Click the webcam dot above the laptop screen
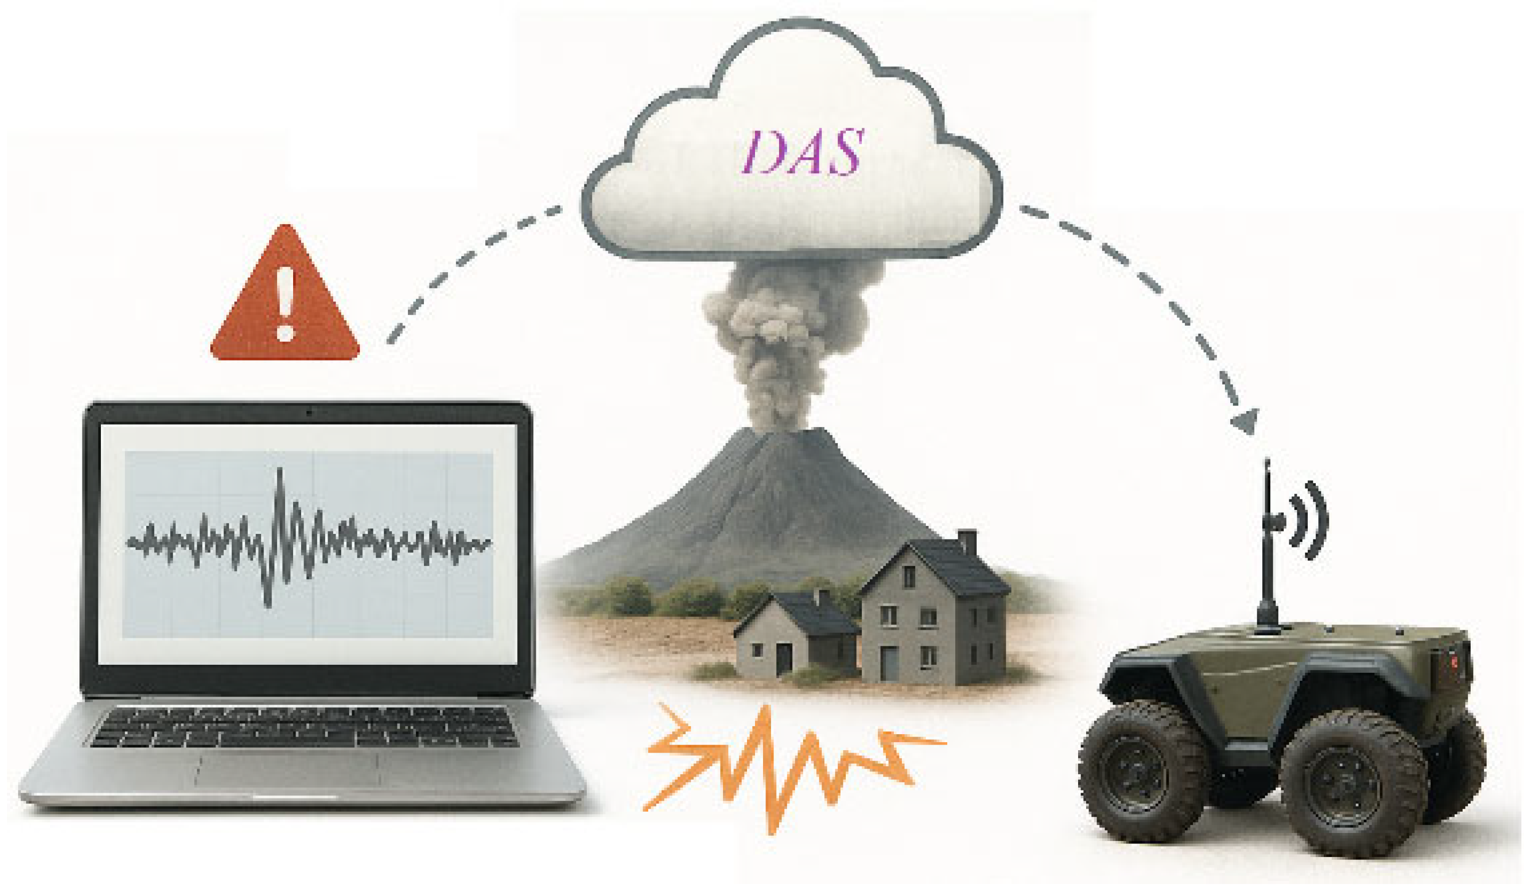(309, 413)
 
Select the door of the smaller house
(784, 658)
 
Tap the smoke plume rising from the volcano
(785, 341)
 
